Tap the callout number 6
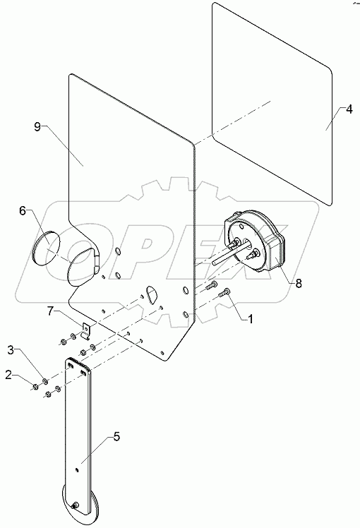tap(22, 210)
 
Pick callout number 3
tap(11, 349)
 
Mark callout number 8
tap(299, 282)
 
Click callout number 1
tap(249, 318)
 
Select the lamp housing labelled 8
tap(256, 244)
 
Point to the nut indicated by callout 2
tap(33, 385)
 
